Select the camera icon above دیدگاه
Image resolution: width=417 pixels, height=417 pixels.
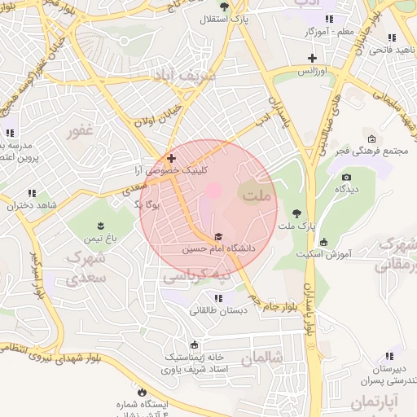(346, 177)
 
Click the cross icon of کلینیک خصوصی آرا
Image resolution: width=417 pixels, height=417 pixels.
(171, 158)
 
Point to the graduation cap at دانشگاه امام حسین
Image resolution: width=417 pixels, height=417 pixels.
(218, 236)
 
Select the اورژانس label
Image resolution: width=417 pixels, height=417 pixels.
(311, 72)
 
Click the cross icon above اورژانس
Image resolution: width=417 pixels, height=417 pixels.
(311, 57)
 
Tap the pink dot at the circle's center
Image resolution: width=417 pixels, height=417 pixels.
(213, 191)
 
